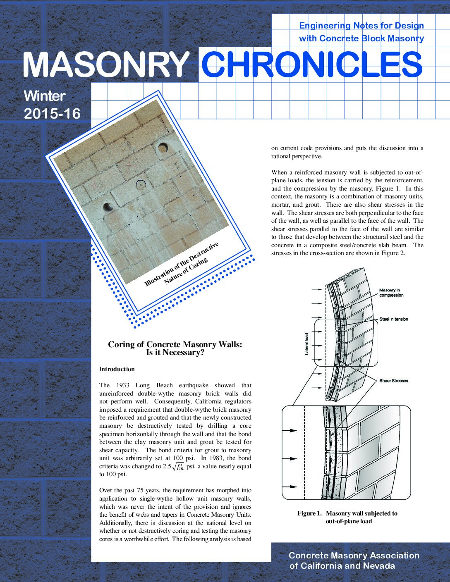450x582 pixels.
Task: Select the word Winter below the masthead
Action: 45,96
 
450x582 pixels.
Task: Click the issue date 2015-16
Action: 52,114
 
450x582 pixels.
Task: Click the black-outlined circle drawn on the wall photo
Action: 141,185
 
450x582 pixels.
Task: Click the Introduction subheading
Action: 117,369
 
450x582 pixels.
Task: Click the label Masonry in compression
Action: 391,293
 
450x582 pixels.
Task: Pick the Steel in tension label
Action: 394,319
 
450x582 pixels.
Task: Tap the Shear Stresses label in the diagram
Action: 394,381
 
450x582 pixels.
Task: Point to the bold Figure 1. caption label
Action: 309,513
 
